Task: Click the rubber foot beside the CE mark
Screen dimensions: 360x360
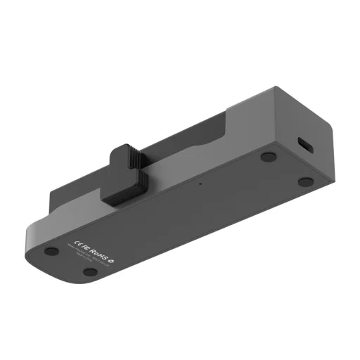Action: (50, 250)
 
